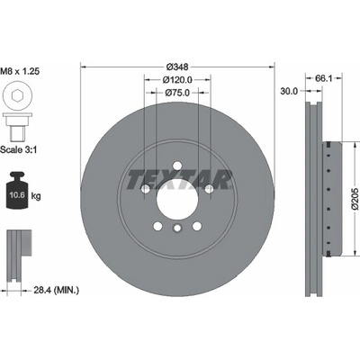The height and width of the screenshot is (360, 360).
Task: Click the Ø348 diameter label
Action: point(177,67)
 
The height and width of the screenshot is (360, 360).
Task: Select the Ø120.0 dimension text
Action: point(177,80)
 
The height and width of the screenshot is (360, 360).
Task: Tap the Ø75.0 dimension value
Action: point(177,93)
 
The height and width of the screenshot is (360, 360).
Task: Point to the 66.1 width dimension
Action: point(324,78)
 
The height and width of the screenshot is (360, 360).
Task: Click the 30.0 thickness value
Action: point(289,91)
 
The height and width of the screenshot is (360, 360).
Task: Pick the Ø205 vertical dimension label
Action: point(355,199)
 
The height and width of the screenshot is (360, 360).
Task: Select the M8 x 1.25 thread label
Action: point(20,71)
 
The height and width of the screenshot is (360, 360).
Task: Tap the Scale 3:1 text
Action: point(19,149)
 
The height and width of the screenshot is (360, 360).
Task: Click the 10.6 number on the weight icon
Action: point(17,195)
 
